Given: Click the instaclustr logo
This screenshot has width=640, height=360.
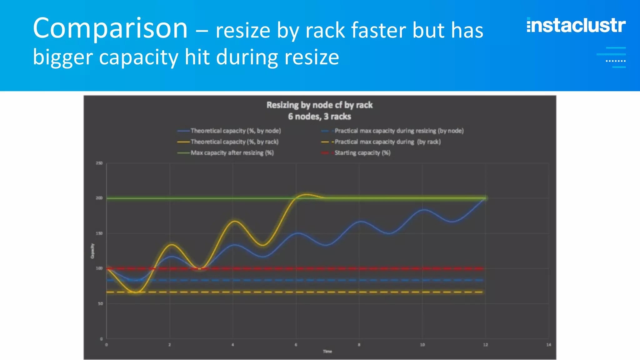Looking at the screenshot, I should (576, 25).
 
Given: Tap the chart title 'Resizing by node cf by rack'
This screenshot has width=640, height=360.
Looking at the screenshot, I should (319, 105).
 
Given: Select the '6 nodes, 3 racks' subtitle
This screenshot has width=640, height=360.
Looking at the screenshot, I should (319, 117).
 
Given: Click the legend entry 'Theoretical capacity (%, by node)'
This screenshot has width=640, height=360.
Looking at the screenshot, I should (236, 131).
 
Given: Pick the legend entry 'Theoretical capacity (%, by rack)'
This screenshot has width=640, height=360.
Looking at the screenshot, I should (234, 142).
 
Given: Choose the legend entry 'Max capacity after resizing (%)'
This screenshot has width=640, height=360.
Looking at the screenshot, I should (232, 153).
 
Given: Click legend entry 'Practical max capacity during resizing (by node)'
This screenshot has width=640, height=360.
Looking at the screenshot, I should (399, 131).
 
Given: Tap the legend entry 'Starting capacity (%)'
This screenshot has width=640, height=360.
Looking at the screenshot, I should (362, 153).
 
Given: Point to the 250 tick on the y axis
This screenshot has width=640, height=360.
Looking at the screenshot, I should (99, 163).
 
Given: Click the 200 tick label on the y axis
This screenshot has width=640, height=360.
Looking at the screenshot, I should (99, 198).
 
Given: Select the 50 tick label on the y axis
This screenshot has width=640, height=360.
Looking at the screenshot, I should (100, 303).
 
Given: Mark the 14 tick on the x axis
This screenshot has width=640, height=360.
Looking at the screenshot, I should (549, 345).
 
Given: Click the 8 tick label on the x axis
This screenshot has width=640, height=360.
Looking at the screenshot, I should (359, 345).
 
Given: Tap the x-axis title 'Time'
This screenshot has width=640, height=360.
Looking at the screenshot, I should (327, 352).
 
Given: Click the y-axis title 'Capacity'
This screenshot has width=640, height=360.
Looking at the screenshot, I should (92, 251).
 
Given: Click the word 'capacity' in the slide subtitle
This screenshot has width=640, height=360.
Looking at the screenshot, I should (139, 57).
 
